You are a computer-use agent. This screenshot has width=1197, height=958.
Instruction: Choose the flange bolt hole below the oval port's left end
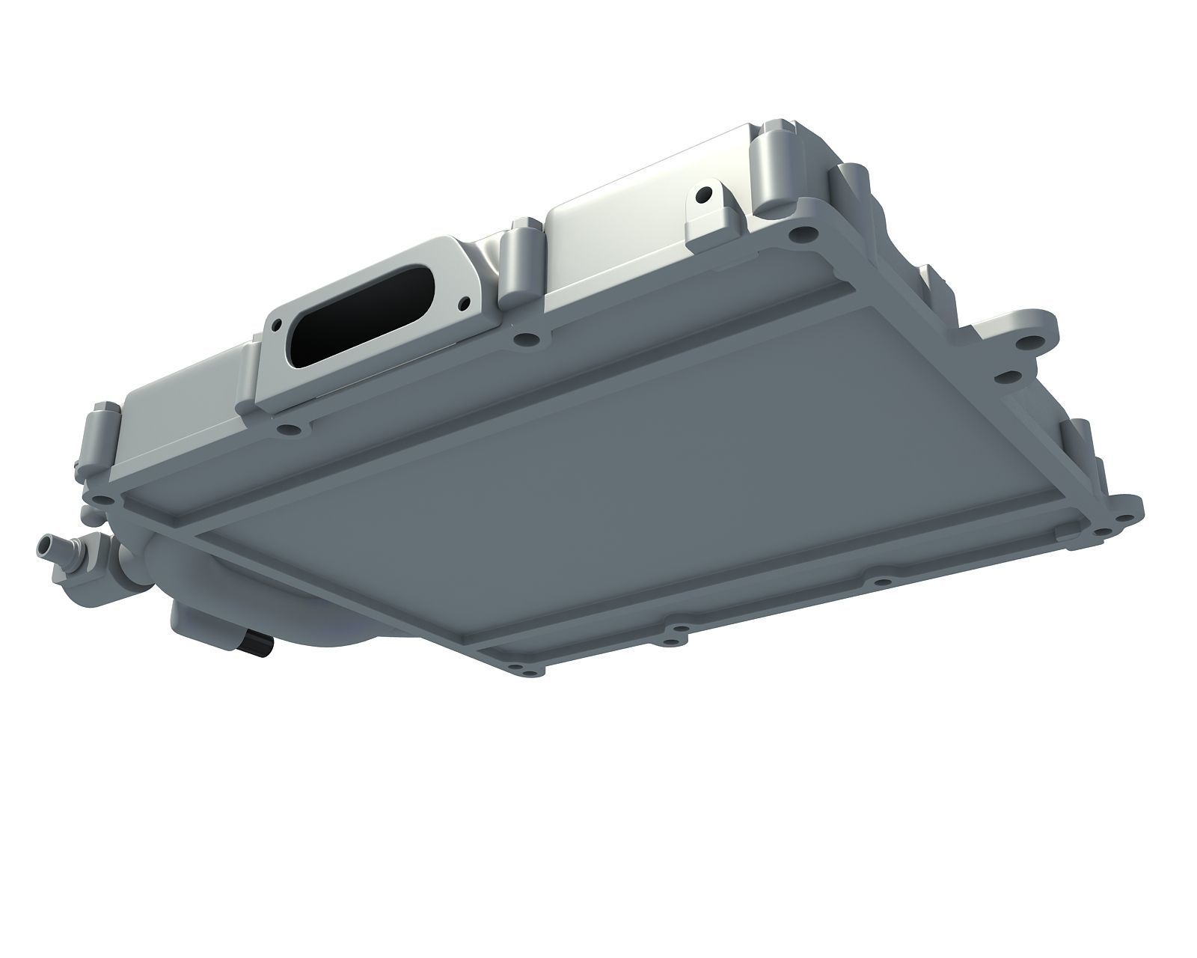(287, 430)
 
